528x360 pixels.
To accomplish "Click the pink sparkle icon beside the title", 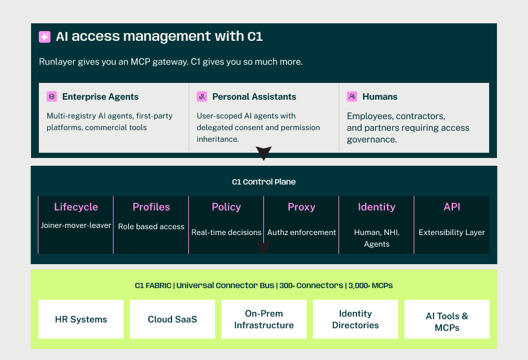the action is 45,37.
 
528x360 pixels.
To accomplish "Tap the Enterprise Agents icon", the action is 52,96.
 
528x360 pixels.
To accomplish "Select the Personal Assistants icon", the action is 202,96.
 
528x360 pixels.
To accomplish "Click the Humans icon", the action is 352,96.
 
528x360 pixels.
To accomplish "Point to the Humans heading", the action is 380,96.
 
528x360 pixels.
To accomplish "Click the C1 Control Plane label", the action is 263,182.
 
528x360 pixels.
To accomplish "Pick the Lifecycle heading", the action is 76,207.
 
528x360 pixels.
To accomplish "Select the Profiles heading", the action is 151,207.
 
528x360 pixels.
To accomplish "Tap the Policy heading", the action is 226,207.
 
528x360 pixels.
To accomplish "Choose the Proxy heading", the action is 302,207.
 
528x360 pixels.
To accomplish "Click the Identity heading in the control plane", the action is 377,207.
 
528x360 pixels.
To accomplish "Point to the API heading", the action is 452,207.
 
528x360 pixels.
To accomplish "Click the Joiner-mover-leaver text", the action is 76,225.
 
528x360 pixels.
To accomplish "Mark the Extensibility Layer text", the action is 452,232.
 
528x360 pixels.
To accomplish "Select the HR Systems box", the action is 81,319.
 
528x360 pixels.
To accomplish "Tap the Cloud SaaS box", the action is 172,319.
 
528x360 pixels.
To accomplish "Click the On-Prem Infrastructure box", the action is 264,319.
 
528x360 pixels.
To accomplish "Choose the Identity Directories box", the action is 355,319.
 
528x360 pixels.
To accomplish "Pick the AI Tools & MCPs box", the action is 447,319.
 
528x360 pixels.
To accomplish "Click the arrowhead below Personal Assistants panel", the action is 263,153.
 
